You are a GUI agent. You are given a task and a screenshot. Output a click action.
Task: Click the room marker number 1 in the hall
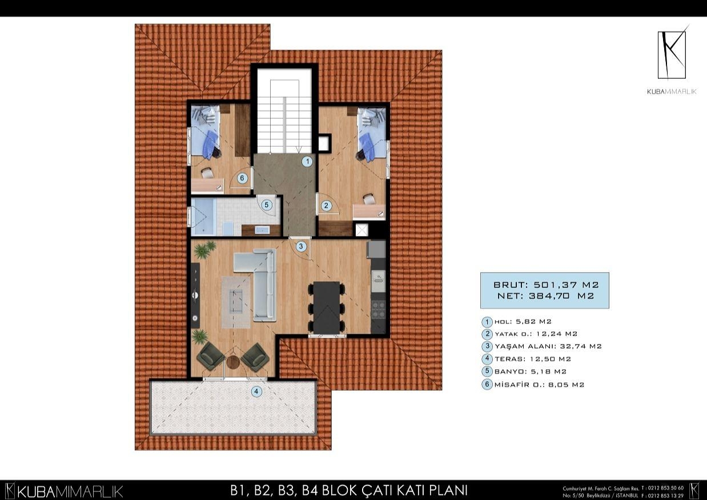click(x=307, y=162)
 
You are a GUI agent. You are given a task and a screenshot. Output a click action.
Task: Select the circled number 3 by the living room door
click(x=302, y=246)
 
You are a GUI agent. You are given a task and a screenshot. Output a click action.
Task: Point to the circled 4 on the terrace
click(x=257, y=391)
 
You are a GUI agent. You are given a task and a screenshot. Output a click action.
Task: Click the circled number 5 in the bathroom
click(x=266, y=205)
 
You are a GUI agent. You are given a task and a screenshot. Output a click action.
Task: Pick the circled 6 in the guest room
click(x=242, y=178)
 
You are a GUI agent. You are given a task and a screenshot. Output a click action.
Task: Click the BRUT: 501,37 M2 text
click(x=544, y=284)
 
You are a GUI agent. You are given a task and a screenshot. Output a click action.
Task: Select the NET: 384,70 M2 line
click(x=544, y=296)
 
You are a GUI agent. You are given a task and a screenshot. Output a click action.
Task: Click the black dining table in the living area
click(x=326, y=306)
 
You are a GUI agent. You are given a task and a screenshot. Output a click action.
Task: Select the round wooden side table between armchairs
click(x=232, y=362)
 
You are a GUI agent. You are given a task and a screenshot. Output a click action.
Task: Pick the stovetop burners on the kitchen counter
click(x=379, y=309)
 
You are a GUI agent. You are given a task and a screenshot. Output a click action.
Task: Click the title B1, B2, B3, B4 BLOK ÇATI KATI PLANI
click(x=349, y=490)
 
